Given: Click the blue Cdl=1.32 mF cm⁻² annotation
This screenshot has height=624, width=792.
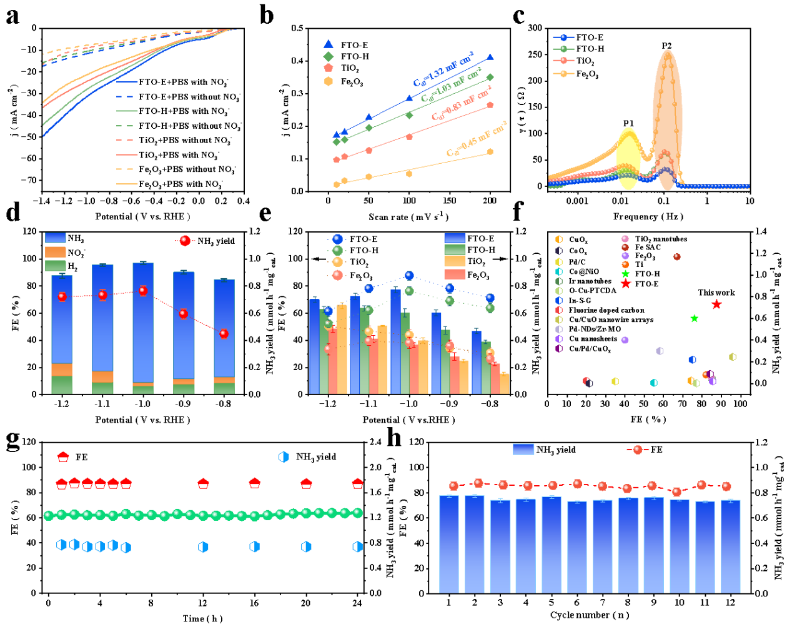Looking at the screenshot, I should (x=443, y=69).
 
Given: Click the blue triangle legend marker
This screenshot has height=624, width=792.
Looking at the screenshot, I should (x=329, y=44).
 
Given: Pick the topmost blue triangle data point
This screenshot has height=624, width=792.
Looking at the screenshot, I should (x=490, y=57).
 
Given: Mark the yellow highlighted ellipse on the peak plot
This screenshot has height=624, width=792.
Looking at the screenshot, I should (x=629, y=158).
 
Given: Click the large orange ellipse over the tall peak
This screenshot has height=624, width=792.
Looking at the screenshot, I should (x=667, y=119).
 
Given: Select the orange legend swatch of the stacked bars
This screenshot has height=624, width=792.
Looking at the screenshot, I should (x=56, y=251).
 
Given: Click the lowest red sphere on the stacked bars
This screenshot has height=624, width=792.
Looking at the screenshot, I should (x=224, y=334).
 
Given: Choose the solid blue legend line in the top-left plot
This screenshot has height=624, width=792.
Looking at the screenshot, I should (x=127, y=81).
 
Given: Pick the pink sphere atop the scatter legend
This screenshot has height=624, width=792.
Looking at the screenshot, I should (x=625, y=239).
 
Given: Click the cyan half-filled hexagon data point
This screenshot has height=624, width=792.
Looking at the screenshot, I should (x=654, y=383).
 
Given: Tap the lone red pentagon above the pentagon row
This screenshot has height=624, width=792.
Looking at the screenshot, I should (x=63, y=457).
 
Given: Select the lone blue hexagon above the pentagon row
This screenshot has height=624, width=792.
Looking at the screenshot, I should (x=284, y=457).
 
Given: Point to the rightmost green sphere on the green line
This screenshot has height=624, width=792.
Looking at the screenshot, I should (x=357, y=513).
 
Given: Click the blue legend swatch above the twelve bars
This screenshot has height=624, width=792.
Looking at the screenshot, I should (x=523, y=449).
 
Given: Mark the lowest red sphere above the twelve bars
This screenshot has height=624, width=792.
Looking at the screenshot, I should (x=676, y=492).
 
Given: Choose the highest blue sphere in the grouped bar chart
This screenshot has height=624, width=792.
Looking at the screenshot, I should (x=409, y=276).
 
